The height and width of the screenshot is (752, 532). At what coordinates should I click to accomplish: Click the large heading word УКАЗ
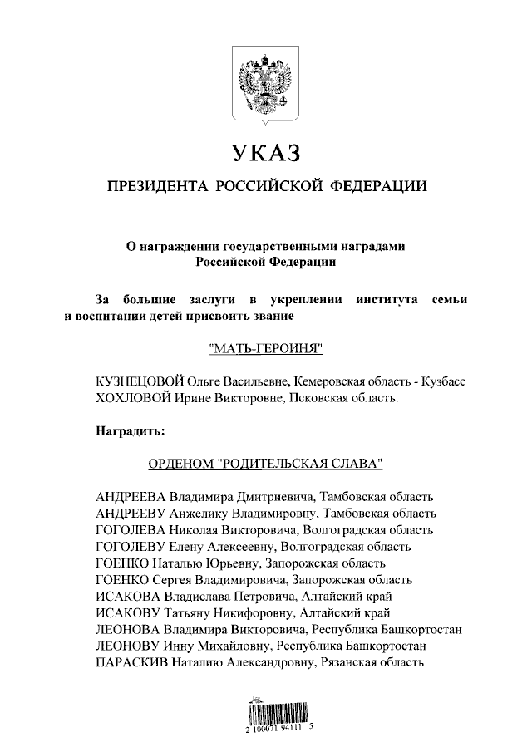tap(264, 154)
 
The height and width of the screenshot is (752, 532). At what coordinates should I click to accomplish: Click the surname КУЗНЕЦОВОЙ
tap(137, 381)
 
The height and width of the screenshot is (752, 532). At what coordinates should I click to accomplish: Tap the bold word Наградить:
tap(131, 430)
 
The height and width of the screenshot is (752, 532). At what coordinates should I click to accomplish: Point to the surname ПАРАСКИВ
tap(133, 662)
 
